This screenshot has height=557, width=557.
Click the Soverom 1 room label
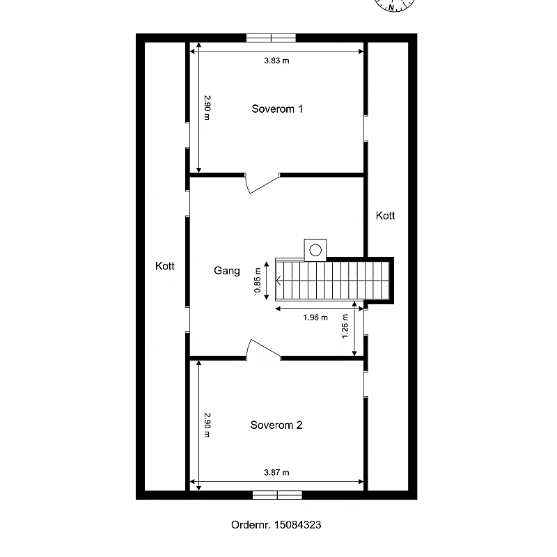(x=277, y=109)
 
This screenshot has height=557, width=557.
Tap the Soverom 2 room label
(x=276, y=425)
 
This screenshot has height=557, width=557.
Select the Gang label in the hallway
(x=227, y=271)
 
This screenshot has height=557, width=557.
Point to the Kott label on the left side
(x=165, y=266)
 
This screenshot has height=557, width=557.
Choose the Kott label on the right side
(x=386, y=215)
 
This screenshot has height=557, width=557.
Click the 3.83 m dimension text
(x=276, y=61)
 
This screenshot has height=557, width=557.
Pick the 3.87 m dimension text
(x=276, y=473)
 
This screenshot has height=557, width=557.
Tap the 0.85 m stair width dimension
(x=258, y=281)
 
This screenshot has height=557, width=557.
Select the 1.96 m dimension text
(x=315, y=317)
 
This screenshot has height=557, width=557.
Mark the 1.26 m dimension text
(x=345, y=326)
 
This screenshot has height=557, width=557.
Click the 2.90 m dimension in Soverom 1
(x=207, y=108)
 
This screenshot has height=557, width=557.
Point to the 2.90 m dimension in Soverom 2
(x=207, y=425)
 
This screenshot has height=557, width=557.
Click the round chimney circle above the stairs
(x=315, y=250)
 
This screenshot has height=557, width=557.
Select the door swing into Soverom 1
(x=262, y=184)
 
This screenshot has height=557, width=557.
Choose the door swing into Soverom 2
(x=264, y=348)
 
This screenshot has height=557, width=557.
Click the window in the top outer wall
(x=271, y=38)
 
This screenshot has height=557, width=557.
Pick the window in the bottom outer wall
(x=277, y=495)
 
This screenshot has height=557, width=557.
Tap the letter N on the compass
(x=391, y=7)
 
